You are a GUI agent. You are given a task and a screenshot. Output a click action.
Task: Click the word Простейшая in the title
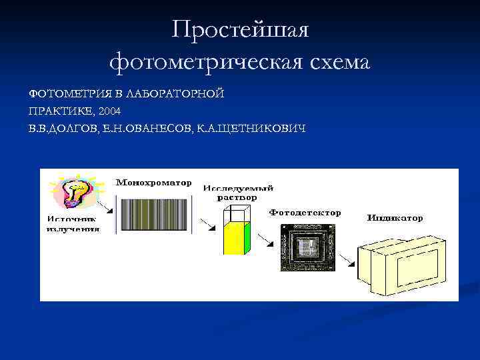pos(239,30)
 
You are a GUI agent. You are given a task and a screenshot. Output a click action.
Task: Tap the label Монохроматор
pos(154,182)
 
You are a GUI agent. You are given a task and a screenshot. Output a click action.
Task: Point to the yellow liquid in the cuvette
pos(233,239)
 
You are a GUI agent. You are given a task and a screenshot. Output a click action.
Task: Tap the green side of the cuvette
pos(247,237)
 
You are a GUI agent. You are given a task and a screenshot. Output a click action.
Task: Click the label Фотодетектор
pos(305,213)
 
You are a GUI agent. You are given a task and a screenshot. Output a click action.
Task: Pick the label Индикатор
pos(395,218)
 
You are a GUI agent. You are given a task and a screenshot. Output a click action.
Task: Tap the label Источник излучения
pos(73,223)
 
